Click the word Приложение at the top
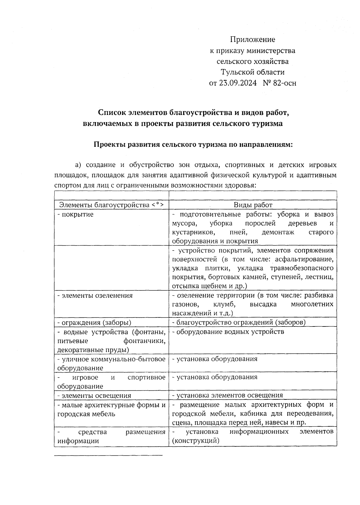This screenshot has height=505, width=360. pos(253,40)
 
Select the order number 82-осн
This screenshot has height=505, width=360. pos(285,83)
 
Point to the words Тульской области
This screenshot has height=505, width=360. pos(253,72)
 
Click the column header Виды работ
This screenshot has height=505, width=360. pos(253,205)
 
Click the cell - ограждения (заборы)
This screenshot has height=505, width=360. pos(94,323)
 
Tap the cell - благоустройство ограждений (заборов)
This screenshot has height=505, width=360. pos(239,323)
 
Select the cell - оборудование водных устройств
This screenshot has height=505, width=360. pos(228,332)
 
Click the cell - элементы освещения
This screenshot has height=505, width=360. pos(94,395)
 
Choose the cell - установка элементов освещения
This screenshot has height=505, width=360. pos(227,395)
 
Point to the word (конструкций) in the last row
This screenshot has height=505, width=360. pos(196,441)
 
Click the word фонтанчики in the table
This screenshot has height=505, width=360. pos(144,341)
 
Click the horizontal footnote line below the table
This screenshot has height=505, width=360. pos(108,455)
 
